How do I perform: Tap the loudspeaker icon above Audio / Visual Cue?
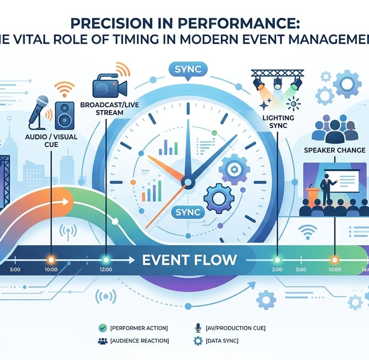click(64, 116)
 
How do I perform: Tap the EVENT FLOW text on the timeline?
click(189, 260)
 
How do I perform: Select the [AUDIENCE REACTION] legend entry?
click(139, 341)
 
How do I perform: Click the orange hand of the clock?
click(166, 168)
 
